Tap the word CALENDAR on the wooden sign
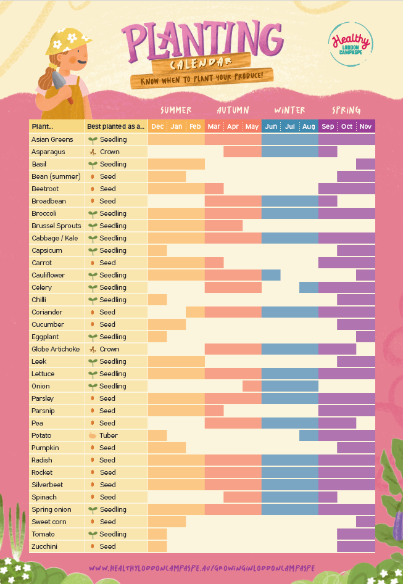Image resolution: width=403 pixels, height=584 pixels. [x=193, y=62]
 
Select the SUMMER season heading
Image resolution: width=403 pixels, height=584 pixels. [x=176, y=110]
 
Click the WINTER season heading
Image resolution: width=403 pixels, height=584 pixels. [x=289, y=110]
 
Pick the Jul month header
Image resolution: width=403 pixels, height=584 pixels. [x=290, y=126]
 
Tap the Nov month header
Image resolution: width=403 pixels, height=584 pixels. [x=365, y=126]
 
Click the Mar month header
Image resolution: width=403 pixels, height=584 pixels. [x=214, y=126]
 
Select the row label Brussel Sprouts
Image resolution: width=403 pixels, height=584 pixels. [x=56, y=226]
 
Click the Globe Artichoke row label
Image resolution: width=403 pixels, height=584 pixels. [x=56, y=349]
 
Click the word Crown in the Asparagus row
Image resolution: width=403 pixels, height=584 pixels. [x=109, y=152]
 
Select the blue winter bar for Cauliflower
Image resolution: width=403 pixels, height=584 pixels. [x=271, y=275]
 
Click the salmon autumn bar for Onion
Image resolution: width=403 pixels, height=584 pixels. [x=252, y=386]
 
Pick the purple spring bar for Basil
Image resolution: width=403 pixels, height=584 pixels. [x=365, y=164]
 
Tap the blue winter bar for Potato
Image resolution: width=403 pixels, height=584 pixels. [x=309, y=435]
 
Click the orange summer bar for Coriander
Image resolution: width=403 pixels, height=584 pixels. [x=195, y=312]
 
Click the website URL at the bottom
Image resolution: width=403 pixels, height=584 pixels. [x=202, y=568]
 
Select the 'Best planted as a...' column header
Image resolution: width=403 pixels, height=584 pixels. [x=115, y=126]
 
